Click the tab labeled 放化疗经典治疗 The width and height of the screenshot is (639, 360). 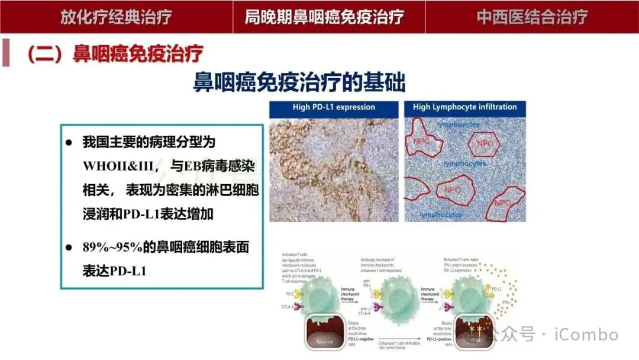click(116, 17)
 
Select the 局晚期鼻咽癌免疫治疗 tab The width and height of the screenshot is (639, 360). click(325, 17)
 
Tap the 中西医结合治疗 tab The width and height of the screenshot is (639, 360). click(532, 17)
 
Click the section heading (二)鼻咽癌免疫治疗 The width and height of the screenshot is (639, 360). click(115, 54)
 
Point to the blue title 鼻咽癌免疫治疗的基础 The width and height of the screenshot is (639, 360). click(299, 82)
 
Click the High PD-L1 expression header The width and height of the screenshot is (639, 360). click(334, 107)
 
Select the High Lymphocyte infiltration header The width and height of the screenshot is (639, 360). click(464, 107)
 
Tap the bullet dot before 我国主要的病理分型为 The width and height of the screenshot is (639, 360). click(69, 143)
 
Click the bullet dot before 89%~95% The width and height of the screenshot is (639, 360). click(69, 247)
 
